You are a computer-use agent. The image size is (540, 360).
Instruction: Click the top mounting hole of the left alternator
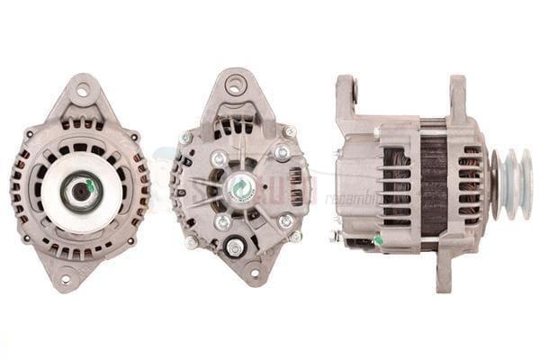tap(83, 89)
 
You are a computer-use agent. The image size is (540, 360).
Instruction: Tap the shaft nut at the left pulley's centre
tap(80, 190)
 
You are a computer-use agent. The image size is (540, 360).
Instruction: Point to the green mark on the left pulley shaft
tap(91, 186)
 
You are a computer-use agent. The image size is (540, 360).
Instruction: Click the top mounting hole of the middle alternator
tap(235, 86)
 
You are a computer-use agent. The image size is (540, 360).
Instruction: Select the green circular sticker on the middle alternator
tap(241, 186)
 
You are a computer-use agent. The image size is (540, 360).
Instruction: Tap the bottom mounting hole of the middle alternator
tap(253, 273)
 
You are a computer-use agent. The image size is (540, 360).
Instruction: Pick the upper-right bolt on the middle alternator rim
tap(290, 132)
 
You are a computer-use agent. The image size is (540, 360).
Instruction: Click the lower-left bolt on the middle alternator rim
tap(192, 242)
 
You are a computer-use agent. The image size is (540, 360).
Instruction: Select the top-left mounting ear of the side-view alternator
tap(346, 95)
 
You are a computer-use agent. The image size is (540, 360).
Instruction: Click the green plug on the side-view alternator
tap(377, 239)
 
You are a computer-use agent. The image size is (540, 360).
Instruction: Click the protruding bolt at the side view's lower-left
tap(335, 236)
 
